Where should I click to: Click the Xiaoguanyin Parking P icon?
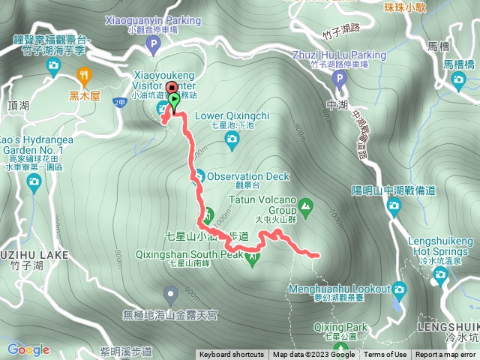click(152, 46)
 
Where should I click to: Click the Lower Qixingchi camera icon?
click(232, 139)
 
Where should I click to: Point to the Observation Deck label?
click(247, 176)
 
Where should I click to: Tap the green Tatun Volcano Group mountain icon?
click(306, 205)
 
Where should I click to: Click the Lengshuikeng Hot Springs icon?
click(441, 275)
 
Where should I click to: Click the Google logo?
click(28, 349)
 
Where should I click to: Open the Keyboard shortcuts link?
click(232, 355)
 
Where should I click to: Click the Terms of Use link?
click(385, 355)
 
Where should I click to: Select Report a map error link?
click(446, 355)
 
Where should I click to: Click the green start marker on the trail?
click(174, 99)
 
